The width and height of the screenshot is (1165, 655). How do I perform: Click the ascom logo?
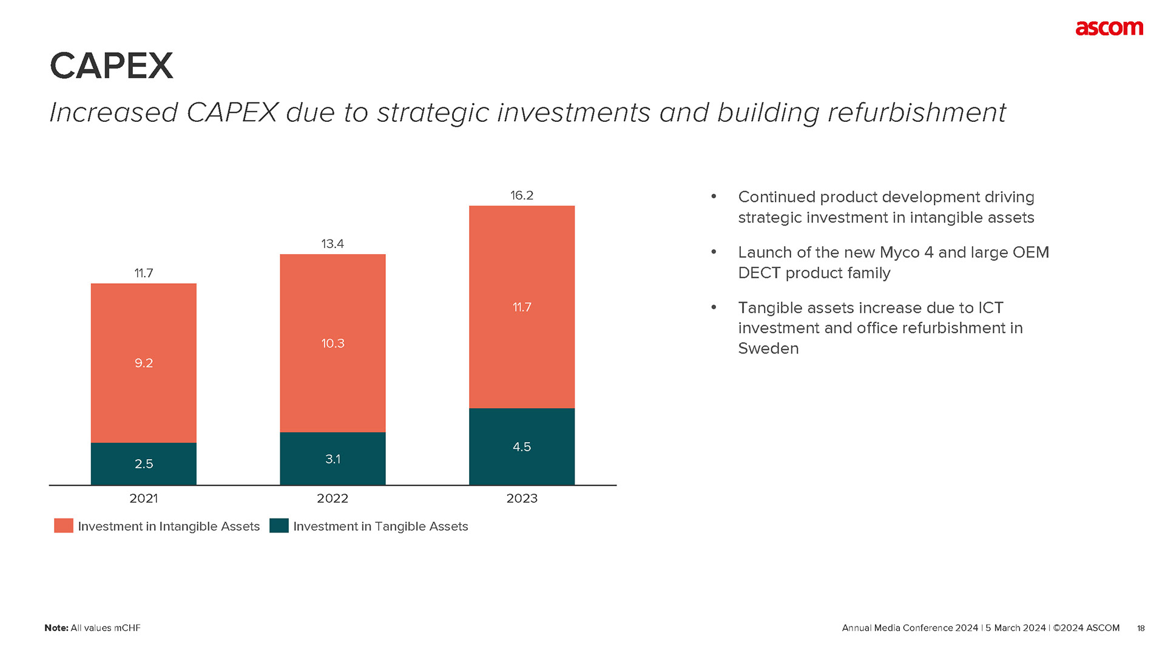(1109, 29)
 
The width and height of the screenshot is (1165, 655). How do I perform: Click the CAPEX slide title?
(112, 65)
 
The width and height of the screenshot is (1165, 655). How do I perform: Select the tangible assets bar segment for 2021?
(143, 464)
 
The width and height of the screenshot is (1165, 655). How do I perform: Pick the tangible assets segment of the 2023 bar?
(521, 447)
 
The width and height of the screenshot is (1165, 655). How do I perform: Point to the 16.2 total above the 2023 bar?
(521, 195)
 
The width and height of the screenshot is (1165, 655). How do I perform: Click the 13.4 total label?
(333, 244)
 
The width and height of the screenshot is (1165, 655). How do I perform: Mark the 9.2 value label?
(144, 363)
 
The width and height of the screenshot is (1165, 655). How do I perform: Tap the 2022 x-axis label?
(333, 499)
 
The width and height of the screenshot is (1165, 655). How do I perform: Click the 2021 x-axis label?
(144, 499)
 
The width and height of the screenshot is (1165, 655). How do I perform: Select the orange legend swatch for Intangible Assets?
(64, 526)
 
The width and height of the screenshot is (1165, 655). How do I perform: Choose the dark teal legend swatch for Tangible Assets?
(279, 526)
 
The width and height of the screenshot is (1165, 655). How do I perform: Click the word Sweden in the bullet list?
(768, 349)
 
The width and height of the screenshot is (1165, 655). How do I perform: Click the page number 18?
(1141, 628)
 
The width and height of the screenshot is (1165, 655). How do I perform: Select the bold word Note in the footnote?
(56, 628)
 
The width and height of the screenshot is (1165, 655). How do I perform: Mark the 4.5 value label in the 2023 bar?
(521, 447)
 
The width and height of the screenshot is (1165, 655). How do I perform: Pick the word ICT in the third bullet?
(990, 308)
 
